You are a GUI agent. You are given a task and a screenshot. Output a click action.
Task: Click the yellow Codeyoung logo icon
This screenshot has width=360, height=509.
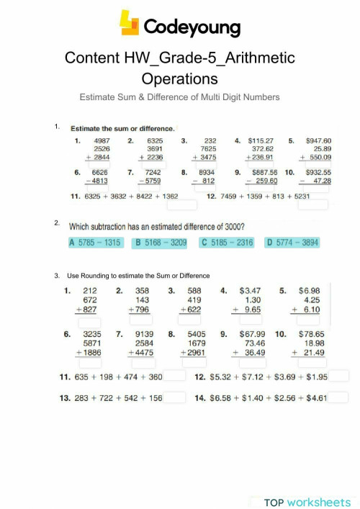click(129, 24)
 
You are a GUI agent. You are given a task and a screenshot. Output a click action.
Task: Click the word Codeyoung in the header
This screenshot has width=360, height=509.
click(192, 27)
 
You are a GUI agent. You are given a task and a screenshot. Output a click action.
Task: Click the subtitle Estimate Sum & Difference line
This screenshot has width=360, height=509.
click(179, 96)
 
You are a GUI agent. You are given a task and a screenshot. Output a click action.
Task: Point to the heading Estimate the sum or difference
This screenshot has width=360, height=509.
click(122, 128)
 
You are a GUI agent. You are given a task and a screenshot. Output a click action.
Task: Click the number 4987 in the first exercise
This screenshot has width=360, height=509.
click(102, 140)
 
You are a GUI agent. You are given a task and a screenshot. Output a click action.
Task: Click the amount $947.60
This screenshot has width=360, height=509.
click(318, 140)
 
